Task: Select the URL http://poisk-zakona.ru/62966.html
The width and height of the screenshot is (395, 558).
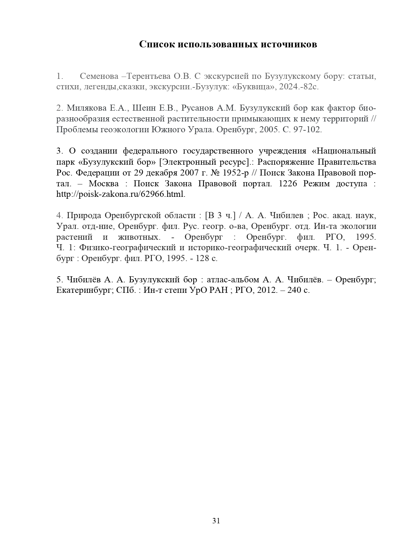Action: pos(121,194)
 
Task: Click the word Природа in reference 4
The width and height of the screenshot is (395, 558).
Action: pos(84,215)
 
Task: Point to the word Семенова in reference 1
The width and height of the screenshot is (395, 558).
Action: pos(99,76)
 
